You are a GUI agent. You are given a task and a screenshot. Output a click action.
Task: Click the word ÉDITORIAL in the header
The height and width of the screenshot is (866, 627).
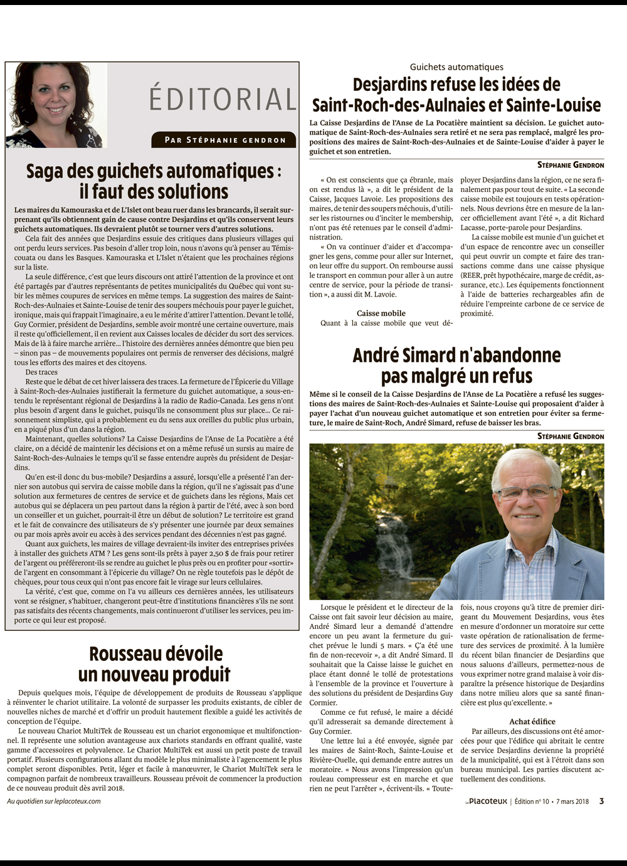[x=222, y=99]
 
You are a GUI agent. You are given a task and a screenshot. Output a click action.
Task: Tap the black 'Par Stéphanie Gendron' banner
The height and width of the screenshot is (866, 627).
[x=225, y=140]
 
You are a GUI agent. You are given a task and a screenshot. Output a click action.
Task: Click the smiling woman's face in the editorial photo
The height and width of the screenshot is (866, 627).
[x=56, y=94]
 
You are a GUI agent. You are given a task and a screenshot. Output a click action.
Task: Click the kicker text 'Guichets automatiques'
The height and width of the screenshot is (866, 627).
[x=456, y=66]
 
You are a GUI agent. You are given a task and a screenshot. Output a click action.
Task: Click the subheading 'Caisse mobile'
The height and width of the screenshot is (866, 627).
[x=381, y=313]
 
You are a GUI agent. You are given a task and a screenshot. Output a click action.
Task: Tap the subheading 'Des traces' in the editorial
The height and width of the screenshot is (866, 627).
[x=41, y=372]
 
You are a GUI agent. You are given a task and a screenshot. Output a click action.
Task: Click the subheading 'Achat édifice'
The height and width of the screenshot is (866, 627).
[x=532, y=721]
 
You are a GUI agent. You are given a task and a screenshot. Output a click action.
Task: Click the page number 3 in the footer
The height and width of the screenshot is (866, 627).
[x=601, y=801]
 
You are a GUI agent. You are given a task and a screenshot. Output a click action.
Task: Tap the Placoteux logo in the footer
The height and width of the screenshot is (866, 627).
[x=486, y=801]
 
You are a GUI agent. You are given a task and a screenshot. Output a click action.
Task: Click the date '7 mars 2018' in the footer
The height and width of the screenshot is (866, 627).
[x=572, y=801]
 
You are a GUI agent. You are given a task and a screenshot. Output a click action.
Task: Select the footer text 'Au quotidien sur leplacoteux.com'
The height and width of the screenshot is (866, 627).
[x=54, y=801]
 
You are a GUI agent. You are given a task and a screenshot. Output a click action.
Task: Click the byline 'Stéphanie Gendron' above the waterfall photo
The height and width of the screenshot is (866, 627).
[x=571, y=436]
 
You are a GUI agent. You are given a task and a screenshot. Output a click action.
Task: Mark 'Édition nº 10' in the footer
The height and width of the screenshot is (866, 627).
[x=532, y=801]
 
